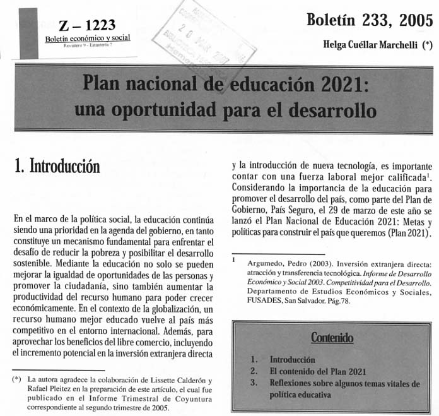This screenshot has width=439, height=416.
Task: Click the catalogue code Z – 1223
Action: click(x=87, y=25)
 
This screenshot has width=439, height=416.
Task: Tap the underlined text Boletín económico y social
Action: click(x=87, y=37)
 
